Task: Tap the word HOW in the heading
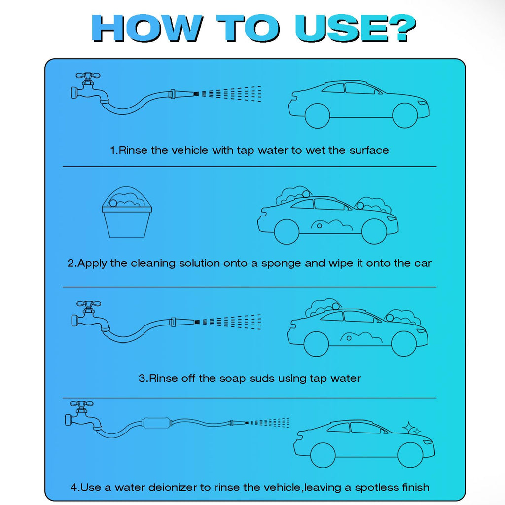point(146,28)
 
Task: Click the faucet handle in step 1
point(88,76)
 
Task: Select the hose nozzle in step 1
point(182,94)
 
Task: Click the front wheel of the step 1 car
point(405,115)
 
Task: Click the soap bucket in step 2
point(127,212)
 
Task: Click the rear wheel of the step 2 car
point(287,232)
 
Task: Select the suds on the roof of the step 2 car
point(294,194)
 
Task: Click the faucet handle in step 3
point(89,304)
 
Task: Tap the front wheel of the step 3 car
point(404,344)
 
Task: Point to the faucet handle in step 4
point(82,404)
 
